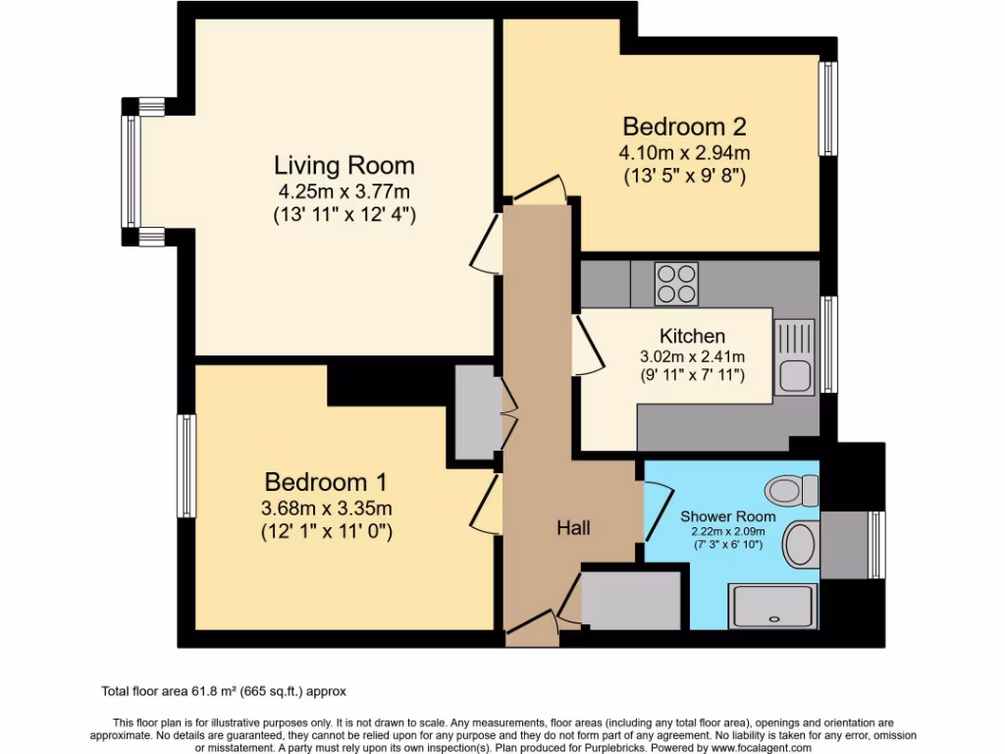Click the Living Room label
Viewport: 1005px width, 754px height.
pos(344,165)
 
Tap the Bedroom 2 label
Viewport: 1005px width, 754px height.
pos(684,127)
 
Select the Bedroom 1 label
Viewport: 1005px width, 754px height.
pos(326,482)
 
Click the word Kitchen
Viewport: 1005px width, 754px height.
pos(692,336)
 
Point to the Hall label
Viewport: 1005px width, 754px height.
pos(573,527)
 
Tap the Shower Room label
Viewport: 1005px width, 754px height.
pos(727,516)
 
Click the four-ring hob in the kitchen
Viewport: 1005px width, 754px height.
pos(676,284)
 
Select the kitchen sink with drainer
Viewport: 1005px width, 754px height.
pos(795,357)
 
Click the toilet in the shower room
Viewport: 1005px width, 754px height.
pos(792,491)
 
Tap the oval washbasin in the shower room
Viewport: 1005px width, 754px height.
pos(801,544)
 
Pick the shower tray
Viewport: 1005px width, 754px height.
pos(773,606)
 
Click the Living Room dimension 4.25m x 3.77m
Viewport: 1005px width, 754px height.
pos(344,191)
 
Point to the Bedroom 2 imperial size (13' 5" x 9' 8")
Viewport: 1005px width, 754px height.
pos(684,176)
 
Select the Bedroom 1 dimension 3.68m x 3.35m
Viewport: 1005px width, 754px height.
pos(326,509)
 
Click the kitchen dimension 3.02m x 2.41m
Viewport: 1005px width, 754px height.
pos(692,356)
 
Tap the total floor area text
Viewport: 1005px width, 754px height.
pos(224,691)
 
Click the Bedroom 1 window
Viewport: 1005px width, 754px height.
pos(185,465)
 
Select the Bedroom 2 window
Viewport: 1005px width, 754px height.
pos(828,108)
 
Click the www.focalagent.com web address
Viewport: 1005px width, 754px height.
pos(761,747)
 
